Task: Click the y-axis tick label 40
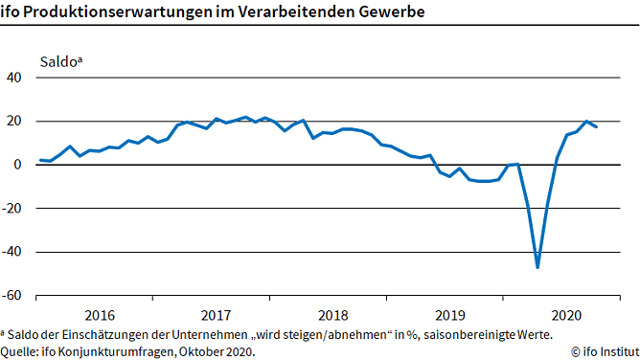pos(14,78)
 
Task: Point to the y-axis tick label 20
pos(14,122)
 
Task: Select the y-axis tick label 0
pos(18,165)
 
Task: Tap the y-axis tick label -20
pos(12,209)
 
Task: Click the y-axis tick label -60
pos(12,296)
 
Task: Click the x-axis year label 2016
pos(100,315)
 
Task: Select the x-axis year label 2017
pos(217,315)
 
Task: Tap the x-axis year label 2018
pos(332,315)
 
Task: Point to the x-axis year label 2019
pos(449,315)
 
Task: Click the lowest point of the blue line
pos(537,267)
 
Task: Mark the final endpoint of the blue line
pos(597,126)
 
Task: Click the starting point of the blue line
pos(40,160)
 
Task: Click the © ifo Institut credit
pos(600,350)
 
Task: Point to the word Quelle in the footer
pos(19,350)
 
